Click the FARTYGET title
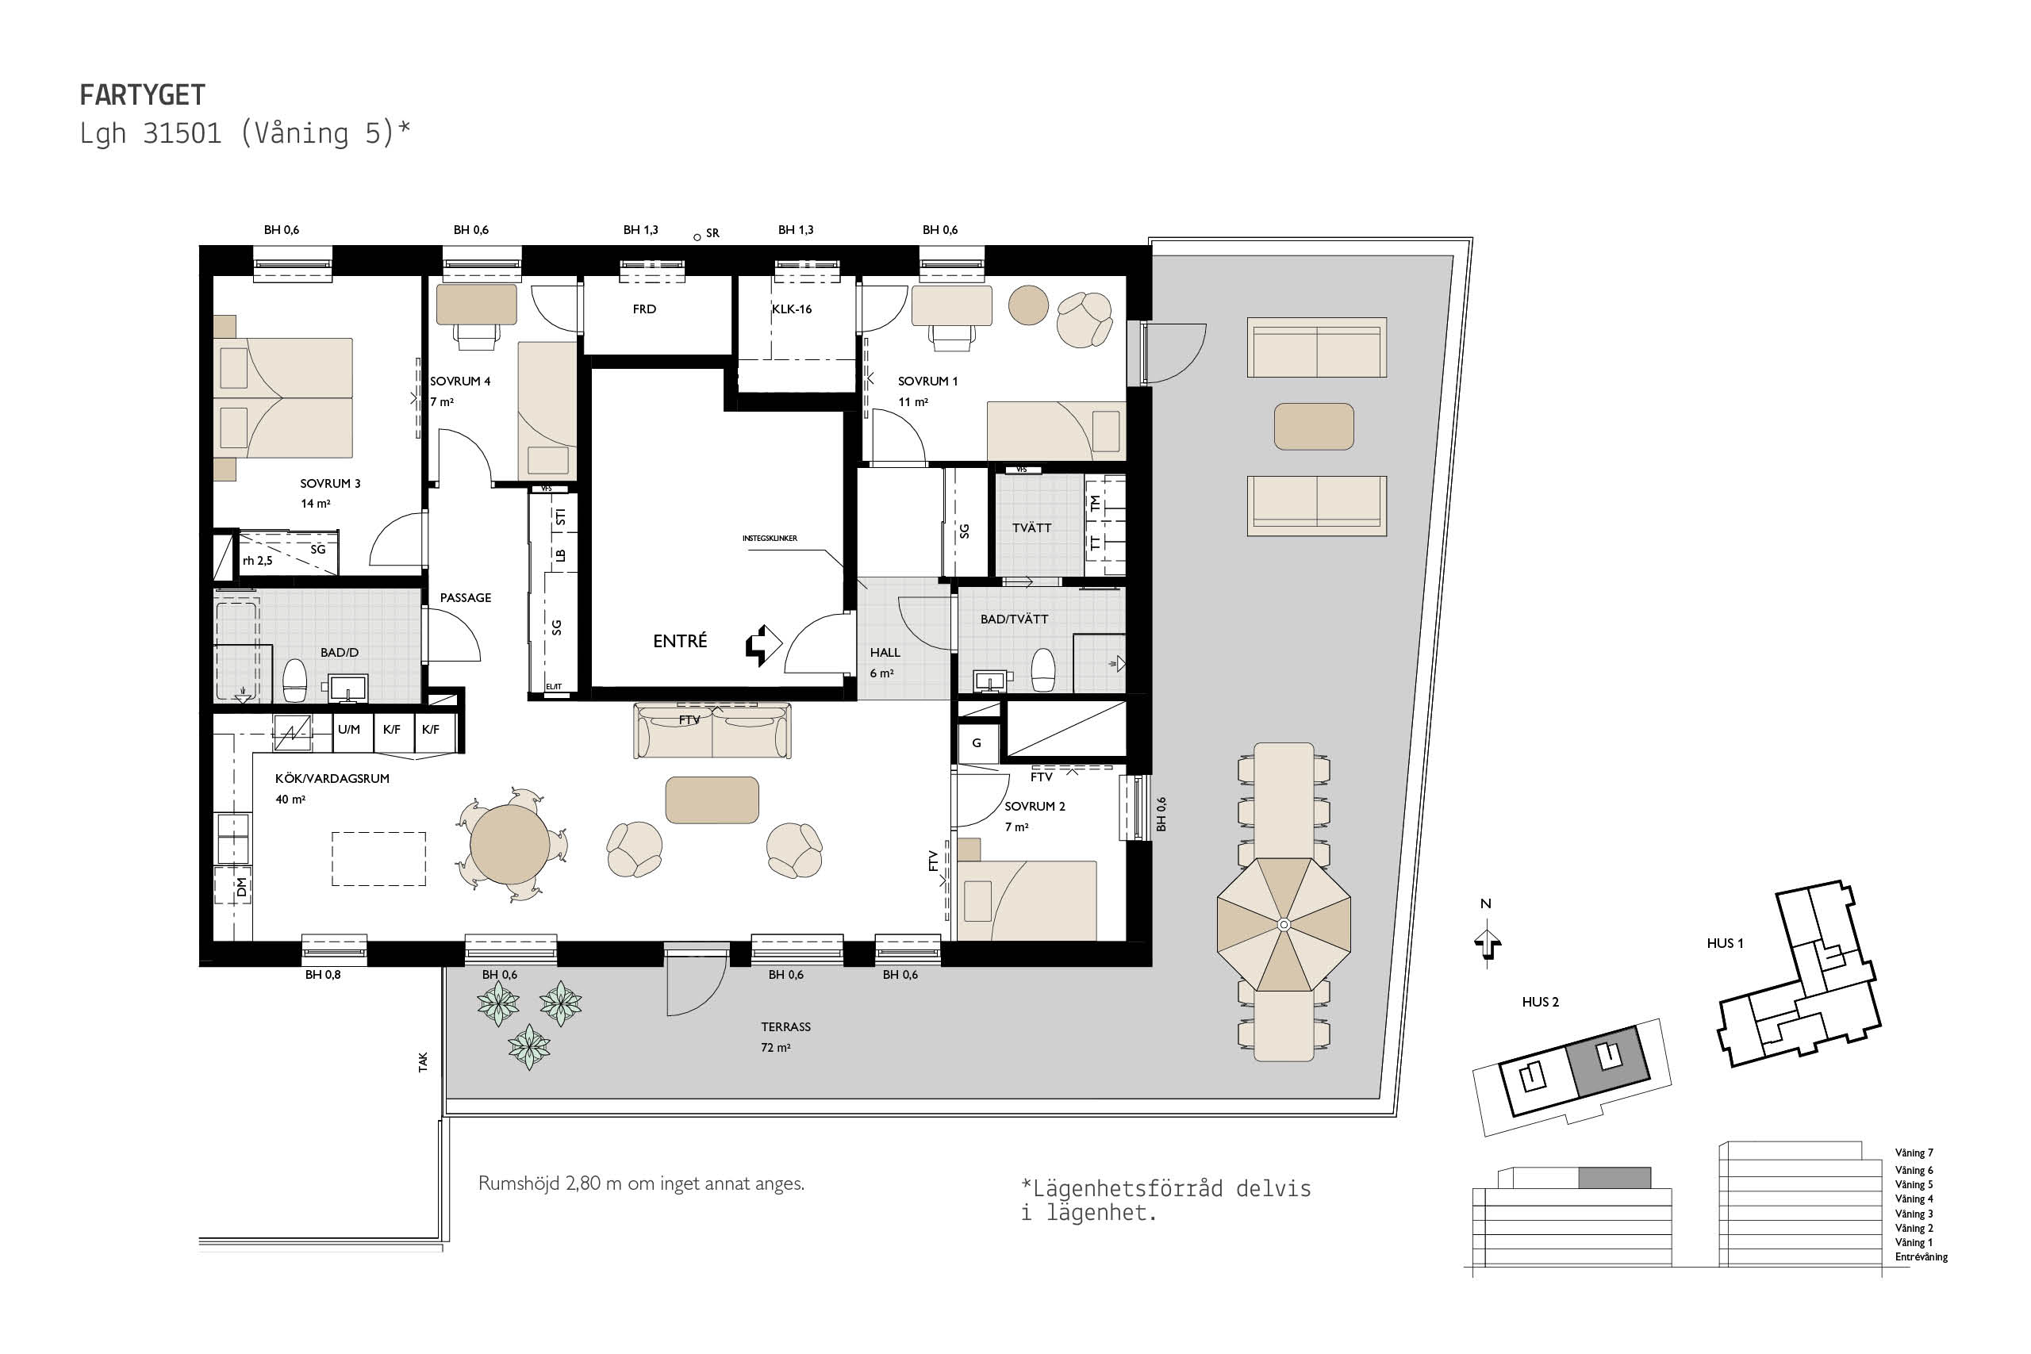click(143, 94)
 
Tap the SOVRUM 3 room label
click(330, 484)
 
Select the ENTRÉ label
click(680, 641)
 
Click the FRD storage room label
click(644, 309)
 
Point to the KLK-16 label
click(792, 309)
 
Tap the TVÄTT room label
click(1032, 527)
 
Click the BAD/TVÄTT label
click(1014, 619)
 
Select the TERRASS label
click(785, 1026)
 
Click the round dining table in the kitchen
click(509, 845)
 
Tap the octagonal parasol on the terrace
click(1283, 925)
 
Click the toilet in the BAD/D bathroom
click(295, 681)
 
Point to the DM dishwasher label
click(242, 887)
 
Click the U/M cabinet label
click(349, 730)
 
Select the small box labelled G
click(977, 742)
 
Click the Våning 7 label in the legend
click(1914, 1153)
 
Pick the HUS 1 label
click(1725, 943)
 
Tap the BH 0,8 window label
click(323, 975)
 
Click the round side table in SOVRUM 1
click(1028, 305)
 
